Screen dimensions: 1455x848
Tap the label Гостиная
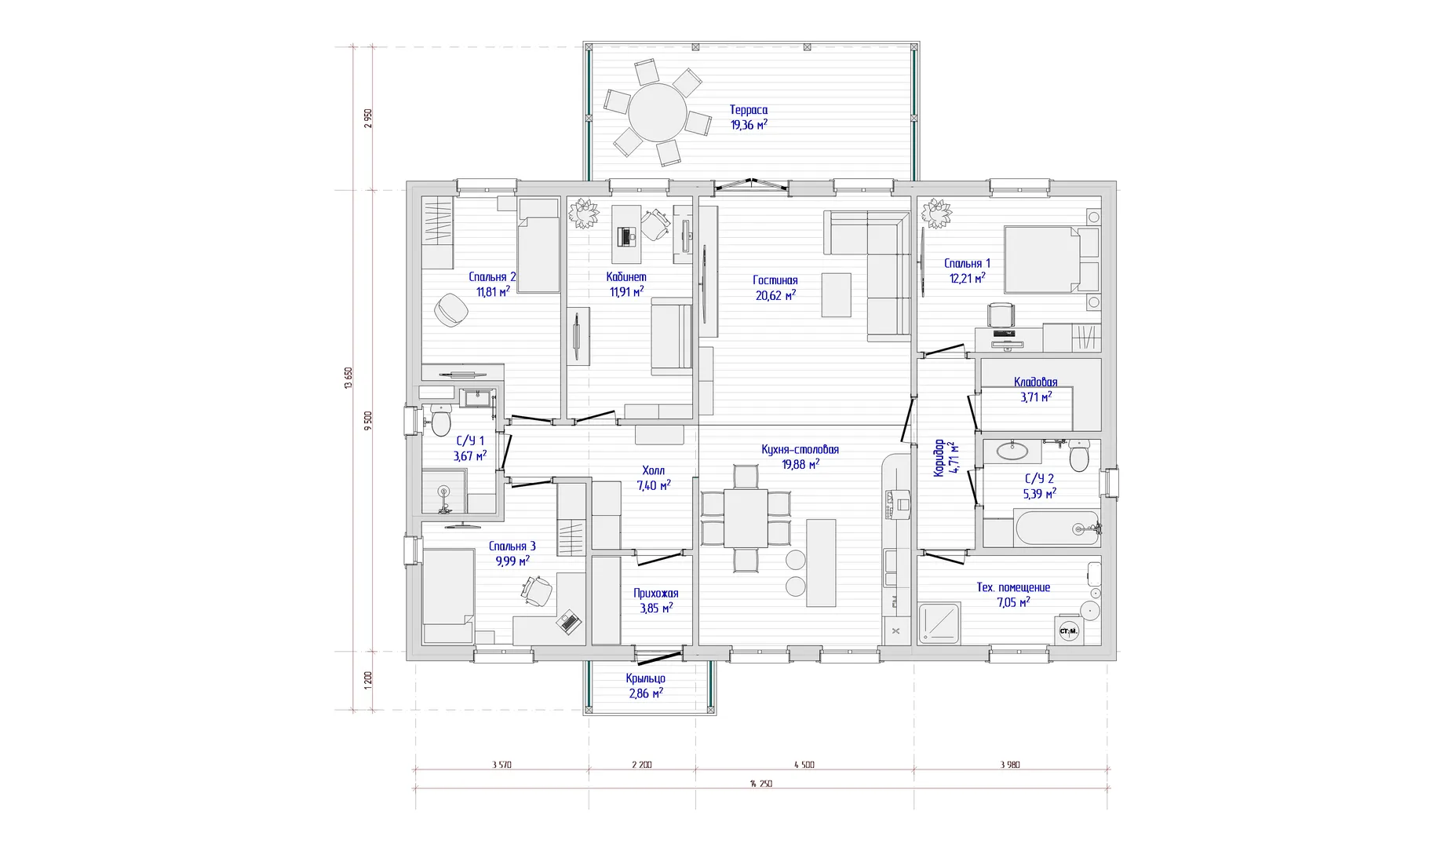coord(775,280)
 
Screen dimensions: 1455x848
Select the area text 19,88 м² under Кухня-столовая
coord(800,464)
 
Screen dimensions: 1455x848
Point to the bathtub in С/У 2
coord(1056,528)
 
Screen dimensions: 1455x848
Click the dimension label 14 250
coord(760,784)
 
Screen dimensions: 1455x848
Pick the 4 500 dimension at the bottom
coord(804,764)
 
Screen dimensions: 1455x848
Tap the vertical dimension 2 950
coord(368,118)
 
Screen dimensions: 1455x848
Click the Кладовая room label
coord(1035,382)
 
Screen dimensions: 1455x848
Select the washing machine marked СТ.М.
coord(1068,631)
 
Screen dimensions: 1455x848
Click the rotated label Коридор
coord(939,459)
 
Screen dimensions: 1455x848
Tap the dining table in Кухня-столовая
coord(746,517)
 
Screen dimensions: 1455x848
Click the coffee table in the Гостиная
coord(836,294)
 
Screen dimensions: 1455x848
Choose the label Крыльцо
coord(646,678)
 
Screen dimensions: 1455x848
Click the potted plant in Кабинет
coord(583,213)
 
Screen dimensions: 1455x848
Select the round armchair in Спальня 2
coord(451,310)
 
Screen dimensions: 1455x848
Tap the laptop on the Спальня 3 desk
coord(568,622)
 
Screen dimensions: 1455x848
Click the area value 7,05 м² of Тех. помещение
coord(1013,601)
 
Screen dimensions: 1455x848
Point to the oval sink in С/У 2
coord(1012,451)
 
